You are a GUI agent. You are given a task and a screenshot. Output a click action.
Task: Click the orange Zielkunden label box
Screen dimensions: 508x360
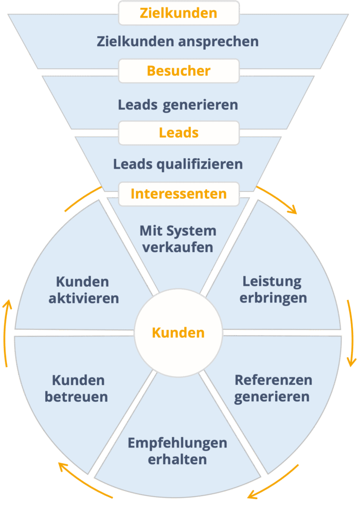pyautogui.click(x=179, y=13)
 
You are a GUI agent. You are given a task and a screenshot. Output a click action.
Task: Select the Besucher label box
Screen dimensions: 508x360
pyautogui.click(x=179, y=71)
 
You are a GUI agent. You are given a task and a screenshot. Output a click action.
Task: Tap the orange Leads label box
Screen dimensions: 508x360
pyautogui.click(x=179, y=133)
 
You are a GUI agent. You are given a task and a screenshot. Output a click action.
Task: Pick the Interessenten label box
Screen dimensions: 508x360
pyautogui.click(x=179, y=193)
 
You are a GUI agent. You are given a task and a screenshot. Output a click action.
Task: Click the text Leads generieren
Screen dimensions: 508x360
pyautogui.click(x=178, y=105)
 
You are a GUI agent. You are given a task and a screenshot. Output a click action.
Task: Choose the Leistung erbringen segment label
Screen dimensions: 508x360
pyautogui.click(x=273, y=290)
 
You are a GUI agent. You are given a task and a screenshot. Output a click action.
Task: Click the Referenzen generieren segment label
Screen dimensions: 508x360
pyautogui.click(x=273, y=388)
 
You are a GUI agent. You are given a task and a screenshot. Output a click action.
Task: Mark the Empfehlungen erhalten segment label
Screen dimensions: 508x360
pyautogui.click(x=177, y=451)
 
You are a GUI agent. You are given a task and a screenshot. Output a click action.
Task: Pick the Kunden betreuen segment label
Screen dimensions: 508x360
pyautogui.click(x=77, y=388)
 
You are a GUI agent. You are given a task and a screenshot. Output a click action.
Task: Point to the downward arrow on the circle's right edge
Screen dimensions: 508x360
pyautogui.click(x=350, y=332)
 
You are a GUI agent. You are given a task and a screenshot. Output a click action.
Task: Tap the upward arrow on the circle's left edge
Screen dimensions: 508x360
pyautogui.click(x=6, y=332)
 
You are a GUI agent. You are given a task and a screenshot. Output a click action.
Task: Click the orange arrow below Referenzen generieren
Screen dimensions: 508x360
pyautogui.click(x=273, y=482)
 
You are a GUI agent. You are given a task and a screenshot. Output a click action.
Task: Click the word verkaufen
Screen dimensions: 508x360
pyautogui.click(x=178, y=247)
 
